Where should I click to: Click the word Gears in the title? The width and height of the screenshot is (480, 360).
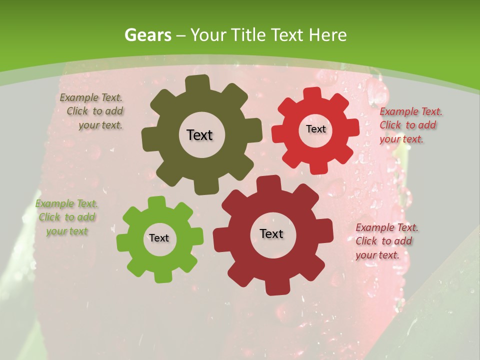pos(147,35)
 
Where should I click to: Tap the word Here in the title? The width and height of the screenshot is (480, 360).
pos(328,35)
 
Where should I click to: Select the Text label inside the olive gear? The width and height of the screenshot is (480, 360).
pos(199,135)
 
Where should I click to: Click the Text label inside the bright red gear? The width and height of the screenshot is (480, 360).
pos(315,129)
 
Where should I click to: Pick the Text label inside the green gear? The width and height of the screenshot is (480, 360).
pos(159,238)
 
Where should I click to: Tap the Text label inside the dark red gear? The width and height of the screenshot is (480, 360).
pos(271,234)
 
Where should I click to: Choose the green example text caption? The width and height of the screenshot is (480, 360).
pos(67,217)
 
